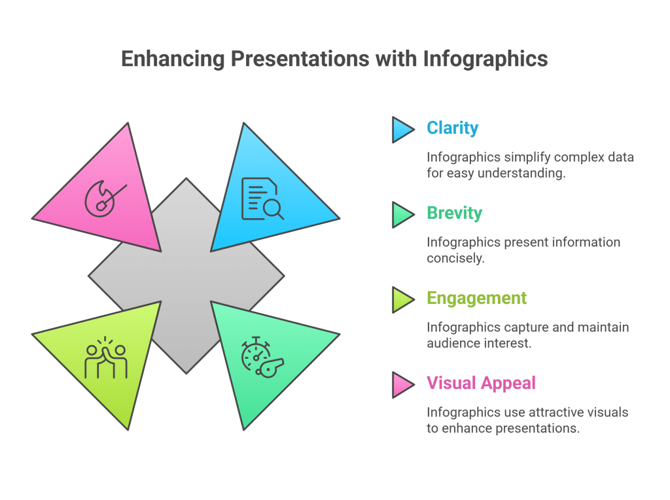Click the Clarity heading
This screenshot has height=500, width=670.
pos(452,128)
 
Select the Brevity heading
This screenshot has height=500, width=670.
pos(454,213)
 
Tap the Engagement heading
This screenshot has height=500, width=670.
pos(476,298)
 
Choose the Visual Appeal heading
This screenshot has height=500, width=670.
pos(480,383)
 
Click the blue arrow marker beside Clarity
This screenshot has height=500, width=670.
pos(402,129)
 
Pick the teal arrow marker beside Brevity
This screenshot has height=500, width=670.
pos(402,214)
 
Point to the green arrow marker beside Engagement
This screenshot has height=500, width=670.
pos(402,299)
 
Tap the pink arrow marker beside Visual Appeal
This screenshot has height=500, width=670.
pos(402,384)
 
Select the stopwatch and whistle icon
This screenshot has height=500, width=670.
pos(261,357)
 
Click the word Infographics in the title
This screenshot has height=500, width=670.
pos(485,59)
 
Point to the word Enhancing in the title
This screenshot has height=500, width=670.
pos(172,59)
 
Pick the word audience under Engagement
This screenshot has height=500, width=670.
pos(453,343)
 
